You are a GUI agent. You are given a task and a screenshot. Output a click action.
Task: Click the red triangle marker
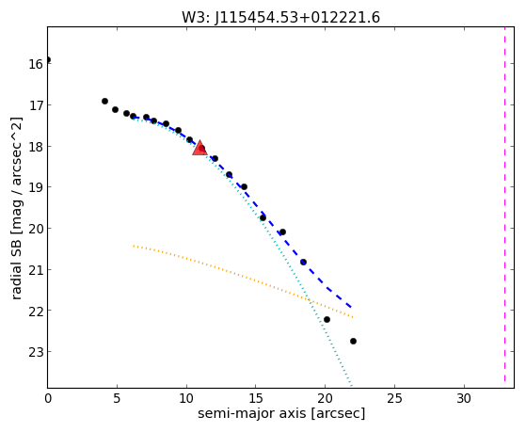point(199,148)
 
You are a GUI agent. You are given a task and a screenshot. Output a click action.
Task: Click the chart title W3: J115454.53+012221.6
point(280,18)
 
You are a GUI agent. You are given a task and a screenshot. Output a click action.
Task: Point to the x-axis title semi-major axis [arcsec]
point(281,413)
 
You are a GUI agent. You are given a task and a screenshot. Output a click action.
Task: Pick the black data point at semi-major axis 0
point(48,59)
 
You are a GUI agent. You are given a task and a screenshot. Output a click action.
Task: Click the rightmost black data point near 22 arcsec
point(353,341)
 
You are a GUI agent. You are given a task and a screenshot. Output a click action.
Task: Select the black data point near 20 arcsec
point(327,320)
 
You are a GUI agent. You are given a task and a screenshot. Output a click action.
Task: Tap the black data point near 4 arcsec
point(104,101)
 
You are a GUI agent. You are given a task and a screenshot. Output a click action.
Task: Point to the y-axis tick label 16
point(36,64)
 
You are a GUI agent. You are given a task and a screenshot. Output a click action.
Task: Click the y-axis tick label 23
point(36,352)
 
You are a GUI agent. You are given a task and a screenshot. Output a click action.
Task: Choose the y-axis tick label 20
point(36,230)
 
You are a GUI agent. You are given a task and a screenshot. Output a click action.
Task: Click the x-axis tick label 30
point(464,399)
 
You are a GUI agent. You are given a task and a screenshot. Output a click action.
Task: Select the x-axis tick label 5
point(117,399)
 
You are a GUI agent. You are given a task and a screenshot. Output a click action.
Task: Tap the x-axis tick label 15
point(256,399)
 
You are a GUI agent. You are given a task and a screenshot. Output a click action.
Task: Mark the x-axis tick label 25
point(394,399)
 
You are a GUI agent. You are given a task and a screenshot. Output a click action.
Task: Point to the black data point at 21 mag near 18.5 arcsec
point(303,262)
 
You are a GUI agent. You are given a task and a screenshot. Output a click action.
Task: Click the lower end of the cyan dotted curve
point(351,385)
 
